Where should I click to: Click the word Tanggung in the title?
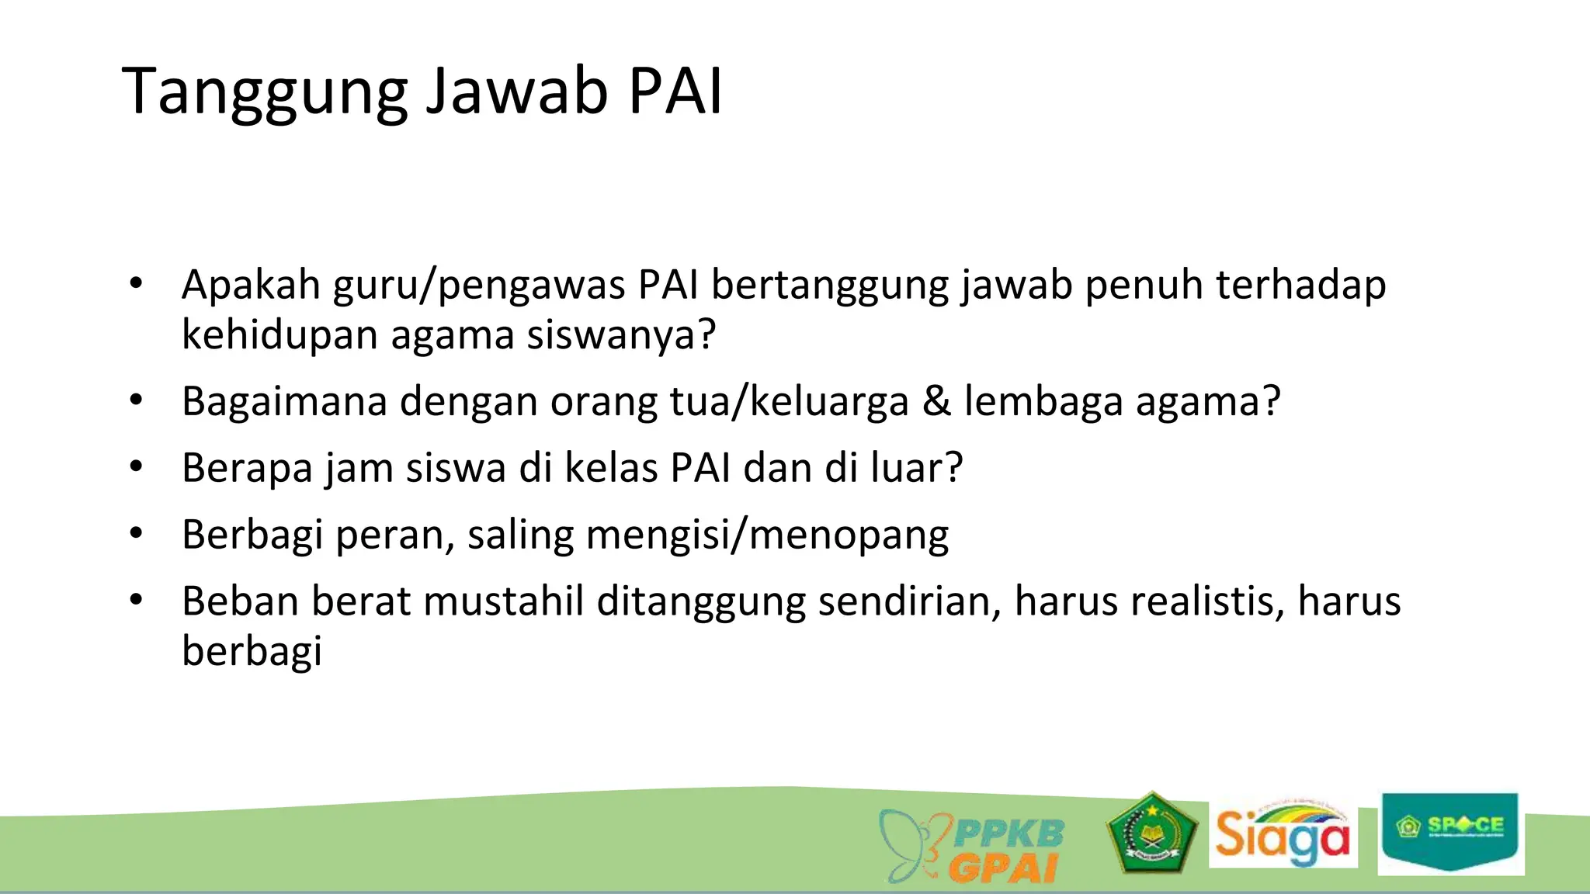click(264, 92)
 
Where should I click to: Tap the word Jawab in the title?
click(516, 92)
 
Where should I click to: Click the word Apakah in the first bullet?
click(251, 285)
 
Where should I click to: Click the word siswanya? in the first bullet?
click(620, 335)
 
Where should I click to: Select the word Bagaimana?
click(284, 402)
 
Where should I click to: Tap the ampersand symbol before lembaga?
click(936, 401)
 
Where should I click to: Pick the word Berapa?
click(246, 469)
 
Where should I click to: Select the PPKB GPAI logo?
click(973, 846)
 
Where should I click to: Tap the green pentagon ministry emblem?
click(1152, 833)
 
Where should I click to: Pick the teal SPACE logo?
click(1450, 832)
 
